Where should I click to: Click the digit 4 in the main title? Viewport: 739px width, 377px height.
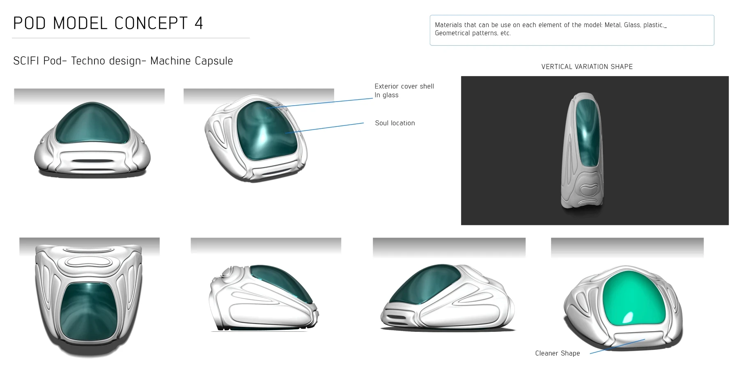coord(199,23)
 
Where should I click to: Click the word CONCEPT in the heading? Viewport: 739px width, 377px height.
coord(151,23)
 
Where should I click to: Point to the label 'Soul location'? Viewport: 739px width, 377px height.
coord(395,123)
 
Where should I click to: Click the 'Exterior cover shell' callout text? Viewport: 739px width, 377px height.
coord(404,86)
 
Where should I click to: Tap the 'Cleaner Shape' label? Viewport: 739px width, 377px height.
coord(557,353)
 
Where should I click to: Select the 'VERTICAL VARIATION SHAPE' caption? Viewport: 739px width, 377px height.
coord(587,67)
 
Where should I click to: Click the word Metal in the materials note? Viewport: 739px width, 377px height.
coord(612,25)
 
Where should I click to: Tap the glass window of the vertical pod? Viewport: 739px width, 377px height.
coord(587,132)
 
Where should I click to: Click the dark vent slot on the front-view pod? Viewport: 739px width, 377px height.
coord(92,161)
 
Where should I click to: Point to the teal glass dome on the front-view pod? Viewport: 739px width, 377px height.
coord(92,123)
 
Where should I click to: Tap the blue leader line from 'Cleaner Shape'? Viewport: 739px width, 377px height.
coord(616,346)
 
